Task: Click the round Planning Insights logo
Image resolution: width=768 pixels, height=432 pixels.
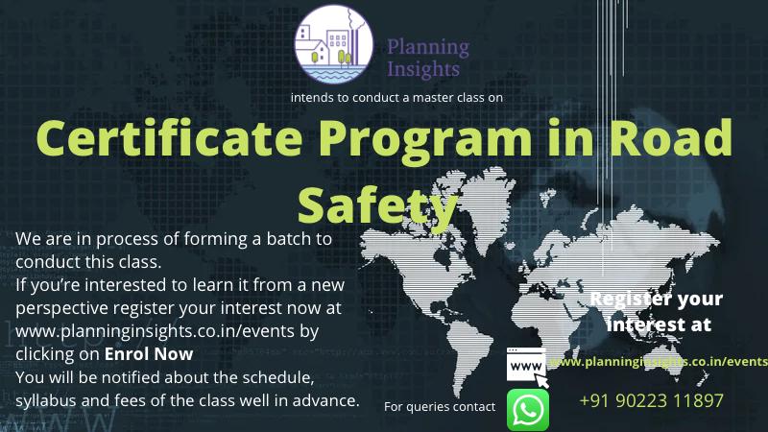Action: (333, 44)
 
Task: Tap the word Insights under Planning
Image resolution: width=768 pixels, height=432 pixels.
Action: (423, 69)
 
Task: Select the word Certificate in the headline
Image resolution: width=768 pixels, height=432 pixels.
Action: (169, 137)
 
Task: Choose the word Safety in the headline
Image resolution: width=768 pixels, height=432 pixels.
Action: (377, 206)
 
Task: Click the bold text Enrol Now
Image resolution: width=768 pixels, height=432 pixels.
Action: (149, 353)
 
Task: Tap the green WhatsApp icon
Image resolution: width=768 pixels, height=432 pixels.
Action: (527, 410)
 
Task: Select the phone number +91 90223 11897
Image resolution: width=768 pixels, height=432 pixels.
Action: (651, 400)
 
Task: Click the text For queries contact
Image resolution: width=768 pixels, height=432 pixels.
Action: (440, 406)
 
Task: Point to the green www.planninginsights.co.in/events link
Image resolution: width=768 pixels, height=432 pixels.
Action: (659, 362)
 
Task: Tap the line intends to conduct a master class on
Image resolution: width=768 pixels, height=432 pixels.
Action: (396, 98)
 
